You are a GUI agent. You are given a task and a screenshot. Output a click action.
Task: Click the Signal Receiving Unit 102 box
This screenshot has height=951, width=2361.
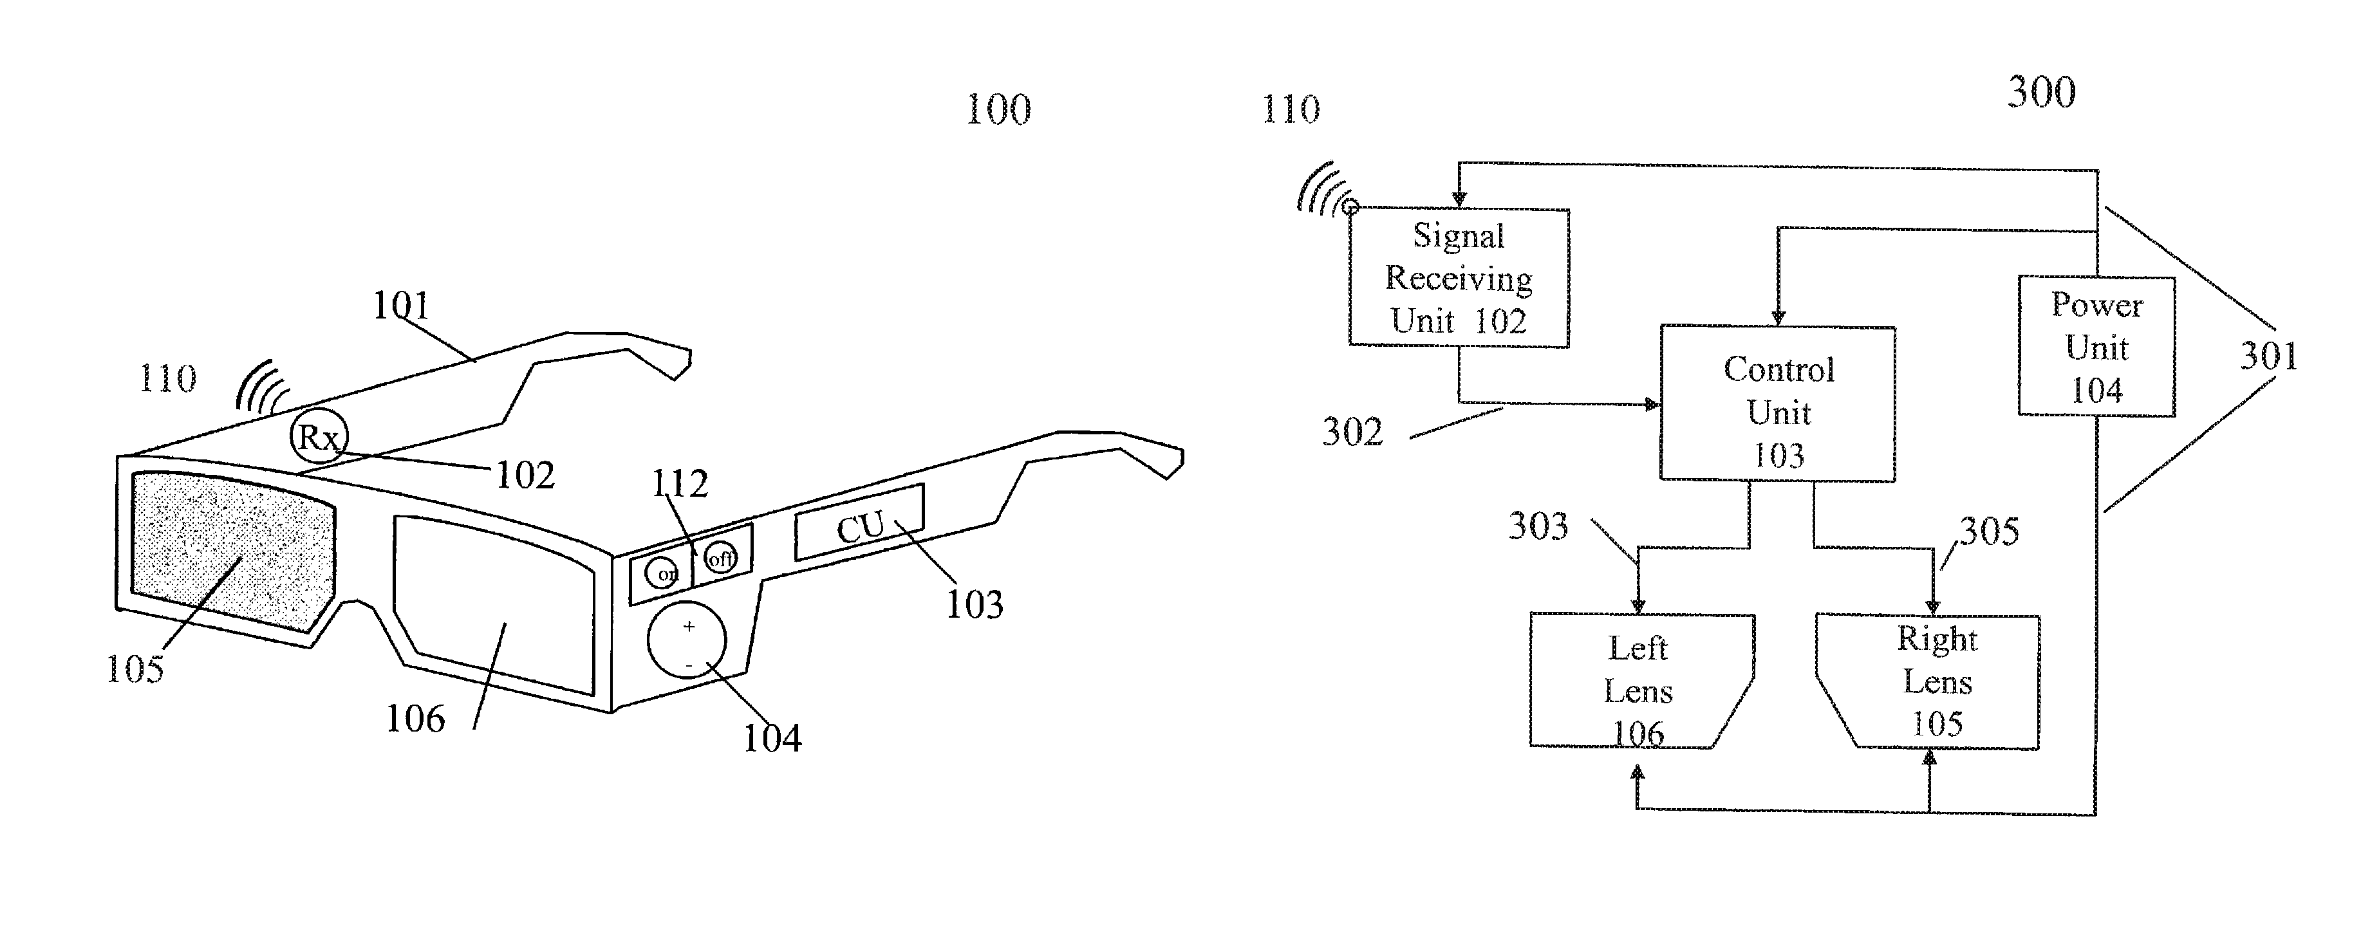coord(1458,277)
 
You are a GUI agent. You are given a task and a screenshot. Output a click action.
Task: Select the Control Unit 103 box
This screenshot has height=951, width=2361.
coord(1777,403)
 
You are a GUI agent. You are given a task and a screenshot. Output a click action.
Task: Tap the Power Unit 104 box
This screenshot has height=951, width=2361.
coord(2096,346)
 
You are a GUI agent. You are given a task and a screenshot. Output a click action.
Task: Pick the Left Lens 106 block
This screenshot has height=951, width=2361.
coord(1639,681)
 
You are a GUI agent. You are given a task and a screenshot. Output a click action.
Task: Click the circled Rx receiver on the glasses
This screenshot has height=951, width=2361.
coord(318,437)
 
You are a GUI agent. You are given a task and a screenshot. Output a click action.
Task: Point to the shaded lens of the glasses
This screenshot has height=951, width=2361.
coord(233,553)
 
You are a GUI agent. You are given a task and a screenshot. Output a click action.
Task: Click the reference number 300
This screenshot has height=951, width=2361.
coord(2041,93)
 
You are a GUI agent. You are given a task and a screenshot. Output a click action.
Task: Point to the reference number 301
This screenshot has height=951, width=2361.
coord(2268,355)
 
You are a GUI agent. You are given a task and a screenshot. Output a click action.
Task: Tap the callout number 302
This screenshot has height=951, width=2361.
coord(1352,432)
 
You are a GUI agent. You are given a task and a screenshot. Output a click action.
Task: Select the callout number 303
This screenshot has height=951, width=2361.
coord(1538,526)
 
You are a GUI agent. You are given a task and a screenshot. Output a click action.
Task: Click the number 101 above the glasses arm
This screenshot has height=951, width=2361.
coord(400,305)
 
